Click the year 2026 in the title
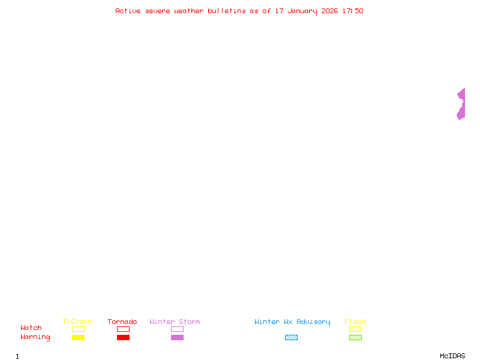[329, 11]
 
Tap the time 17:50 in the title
[353, 11]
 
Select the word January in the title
[302, 11]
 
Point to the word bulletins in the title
[227, 11]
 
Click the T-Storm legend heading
[77, 322]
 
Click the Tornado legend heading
[122, 322]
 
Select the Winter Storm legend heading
[175, 322]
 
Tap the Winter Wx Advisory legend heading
[292, 322]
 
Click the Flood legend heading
[355, 322]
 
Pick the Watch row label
[31, 328]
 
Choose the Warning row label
[35, 337]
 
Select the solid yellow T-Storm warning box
[79, 337]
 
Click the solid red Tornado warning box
[124, 337]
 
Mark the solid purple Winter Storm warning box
[177, 337]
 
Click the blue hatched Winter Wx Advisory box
[291, 337]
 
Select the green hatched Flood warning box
[355, 337]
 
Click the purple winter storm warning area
[462, 104]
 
